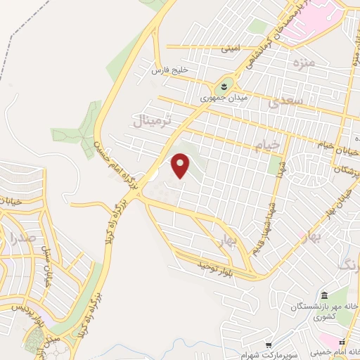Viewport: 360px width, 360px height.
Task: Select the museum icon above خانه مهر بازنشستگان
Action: (324, 294)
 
